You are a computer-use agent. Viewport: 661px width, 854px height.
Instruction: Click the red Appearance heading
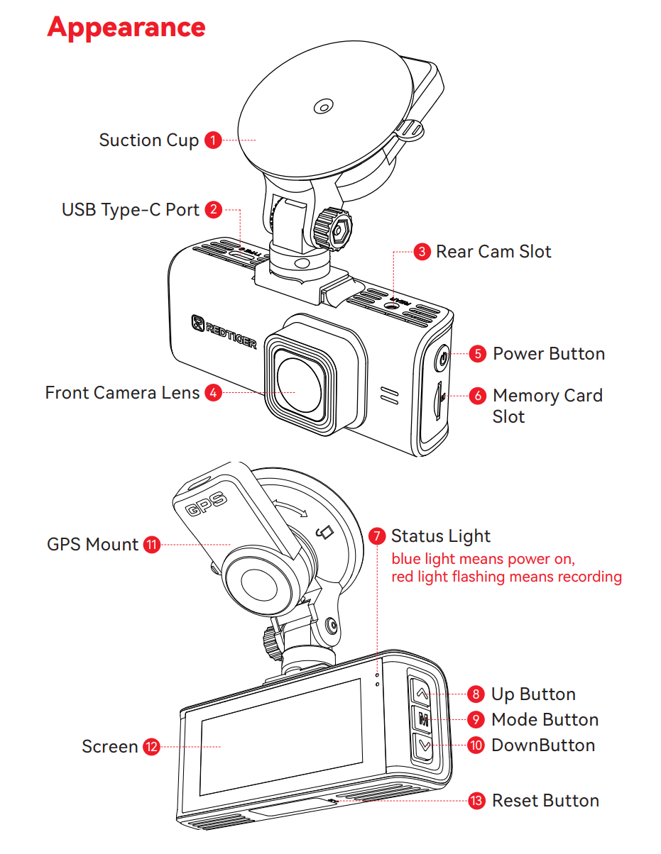[126, 27]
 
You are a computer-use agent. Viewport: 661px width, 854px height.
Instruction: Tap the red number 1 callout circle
[212, 140]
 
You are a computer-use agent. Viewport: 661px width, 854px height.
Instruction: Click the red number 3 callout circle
[422, 252]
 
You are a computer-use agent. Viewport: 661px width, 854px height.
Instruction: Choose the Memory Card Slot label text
[547, 406]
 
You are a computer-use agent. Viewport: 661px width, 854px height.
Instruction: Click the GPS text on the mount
[205, 504]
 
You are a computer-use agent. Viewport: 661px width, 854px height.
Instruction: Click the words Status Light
[440, 536]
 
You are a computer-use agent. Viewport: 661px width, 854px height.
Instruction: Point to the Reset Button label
[545, 801]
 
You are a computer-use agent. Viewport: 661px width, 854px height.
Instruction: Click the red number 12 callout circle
[151, 747]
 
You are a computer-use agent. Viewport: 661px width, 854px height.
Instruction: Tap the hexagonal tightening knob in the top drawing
[334, 229]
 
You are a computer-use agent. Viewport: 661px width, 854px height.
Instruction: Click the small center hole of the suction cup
[323, 107]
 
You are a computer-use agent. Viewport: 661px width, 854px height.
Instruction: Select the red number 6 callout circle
[478, 396]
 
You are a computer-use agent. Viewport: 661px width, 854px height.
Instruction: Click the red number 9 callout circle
[476, 720]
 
